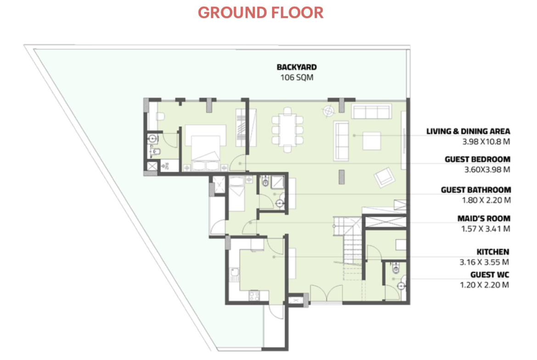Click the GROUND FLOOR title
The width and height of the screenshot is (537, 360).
[261, 13]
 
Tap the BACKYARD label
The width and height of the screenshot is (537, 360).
[296, 67]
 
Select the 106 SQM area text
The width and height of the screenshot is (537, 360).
[296, 78]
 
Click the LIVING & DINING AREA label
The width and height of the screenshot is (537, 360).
[468, 131]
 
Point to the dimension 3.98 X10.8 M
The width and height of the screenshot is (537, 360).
[486, 141]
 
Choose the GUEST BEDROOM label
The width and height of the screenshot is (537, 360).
[477, 159]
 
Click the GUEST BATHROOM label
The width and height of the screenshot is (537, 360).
[475, 190]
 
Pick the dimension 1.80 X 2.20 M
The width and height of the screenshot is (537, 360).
[487, 200]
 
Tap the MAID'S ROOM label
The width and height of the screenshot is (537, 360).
[484, 218]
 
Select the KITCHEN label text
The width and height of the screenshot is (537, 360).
[493, 252]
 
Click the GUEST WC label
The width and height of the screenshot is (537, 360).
[489, 275]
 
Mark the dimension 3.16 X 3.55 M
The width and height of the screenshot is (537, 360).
[484, 262]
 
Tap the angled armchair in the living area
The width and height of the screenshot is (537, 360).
[385, 177]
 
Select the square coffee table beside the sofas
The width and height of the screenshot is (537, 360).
[372, 141]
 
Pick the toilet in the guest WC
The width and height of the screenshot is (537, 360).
[396, 268]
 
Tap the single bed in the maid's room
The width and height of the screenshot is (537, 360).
[236, 194]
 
